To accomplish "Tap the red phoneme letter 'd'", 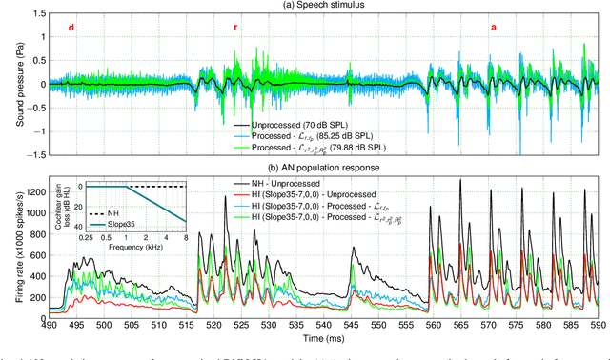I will click(x=72, y=28).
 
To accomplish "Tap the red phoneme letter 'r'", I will click(x=235, y=28).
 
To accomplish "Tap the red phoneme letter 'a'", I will click(x=493, y=28).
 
